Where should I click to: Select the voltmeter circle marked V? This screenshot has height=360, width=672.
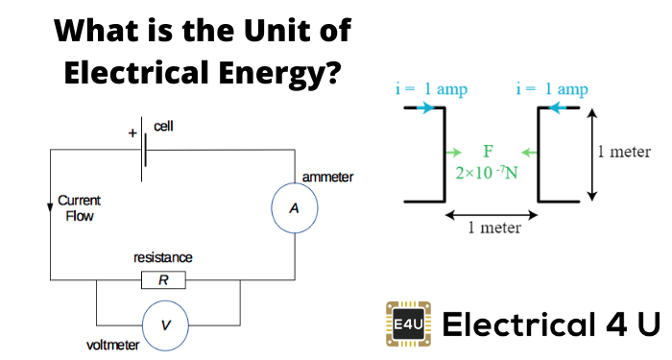(166, 325)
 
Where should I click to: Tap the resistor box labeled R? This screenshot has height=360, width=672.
(163, 280)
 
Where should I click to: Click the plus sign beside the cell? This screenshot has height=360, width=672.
(132, 133)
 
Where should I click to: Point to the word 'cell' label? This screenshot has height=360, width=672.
(164, 127)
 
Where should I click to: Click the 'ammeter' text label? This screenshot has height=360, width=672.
(327, 178)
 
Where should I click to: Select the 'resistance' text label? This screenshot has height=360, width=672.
(163, 258)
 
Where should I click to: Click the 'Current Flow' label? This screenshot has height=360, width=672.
(80, 208)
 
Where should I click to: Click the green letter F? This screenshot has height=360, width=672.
(488, 152)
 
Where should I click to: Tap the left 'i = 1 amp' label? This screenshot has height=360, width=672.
(431, 89)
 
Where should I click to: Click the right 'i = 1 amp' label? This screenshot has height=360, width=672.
(552, 89)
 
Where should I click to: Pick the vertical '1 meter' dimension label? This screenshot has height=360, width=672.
(624, 152)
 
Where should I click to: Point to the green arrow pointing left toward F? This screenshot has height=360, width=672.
(528, 152)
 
